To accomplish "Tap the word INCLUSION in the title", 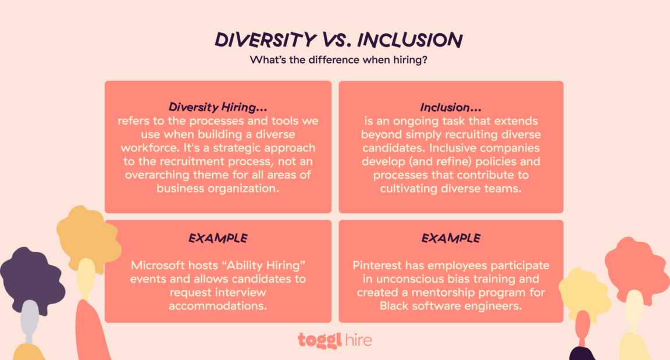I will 410,40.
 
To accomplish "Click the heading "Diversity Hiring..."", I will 218,108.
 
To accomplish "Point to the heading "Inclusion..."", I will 451,108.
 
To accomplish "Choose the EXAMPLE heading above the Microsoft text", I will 218,238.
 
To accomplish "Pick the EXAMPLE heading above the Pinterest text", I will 451,238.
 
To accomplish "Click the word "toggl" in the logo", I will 319,340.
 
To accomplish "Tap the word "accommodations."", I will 218,306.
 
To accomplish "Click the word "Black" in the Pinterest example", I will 394,306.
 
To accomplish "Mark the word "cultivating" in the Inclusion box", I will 409,188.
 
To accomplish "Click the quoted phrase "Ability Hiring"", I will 272,266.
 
